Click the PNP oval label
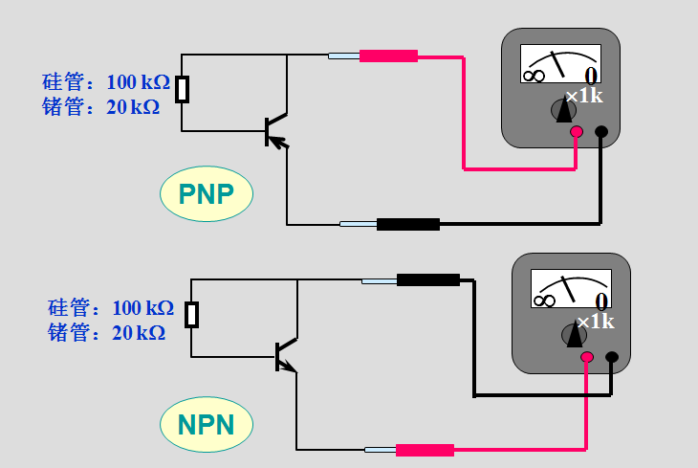206,194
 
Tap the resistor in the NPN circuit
192,315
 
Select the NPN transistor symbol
285,357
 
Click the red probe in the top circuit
388,56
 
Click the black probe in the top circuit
407,225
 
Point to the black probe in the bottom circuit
427,280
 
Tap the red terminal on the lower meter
587,358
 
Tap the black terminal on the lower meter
612,358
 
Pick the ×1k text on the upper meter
583,96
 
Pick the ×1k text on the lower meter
595,322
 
